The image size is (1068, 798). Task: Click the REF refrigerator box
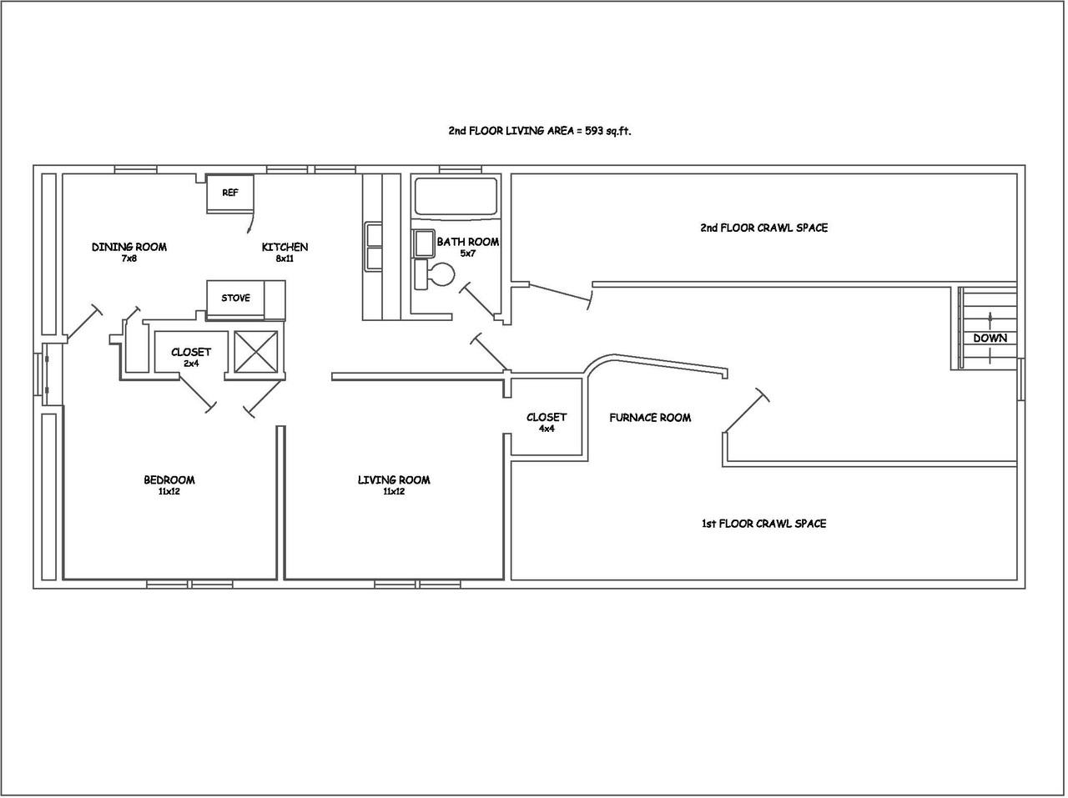(x=230, y=193)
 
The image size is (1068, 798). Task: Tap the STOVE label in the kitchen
(x=236, y=298)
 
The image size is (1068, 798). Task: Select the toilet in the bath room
(x=435, y=274)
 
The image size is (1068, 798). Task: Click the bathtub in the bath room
(x=456, y=195)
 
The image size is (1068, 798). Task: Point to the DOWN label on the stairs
(x=990, y=338)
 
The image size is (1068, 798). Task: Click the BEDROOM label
(x=169, y=480)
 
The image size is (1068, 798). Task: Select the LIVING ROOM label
(x=394, y=480)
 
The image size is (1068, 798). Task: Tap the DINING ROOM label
(x=129, y=247)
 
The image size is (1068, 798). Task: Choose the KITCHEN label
(x=285, y=247)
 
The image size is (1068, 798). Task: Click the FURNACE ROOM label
(x=650, y=417)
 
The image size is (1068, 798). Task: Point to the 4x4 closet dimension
(x=547, y=429)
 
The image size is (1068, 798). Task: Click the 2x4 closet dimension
(x=191, y=364)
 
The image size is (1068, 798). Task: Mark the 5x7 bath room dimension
(x=468, y=253)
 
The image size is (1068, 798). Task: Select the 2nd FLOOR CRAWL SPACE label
(x=764, y=228)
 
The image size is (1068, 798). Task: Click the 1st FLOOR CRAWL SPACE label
(x=764, y=524)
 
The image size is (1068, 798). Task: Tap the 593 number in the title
(x=593, y=131)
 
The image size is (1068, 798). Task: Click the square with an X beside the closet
(x=256, y=352)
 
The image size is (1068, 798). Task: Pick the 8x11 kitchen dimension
(x=285, y=258)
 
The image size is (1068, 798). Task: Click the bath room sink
(x=423, y=243)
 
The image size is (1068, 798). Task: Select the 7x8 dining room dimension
(x=129, y=258)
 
